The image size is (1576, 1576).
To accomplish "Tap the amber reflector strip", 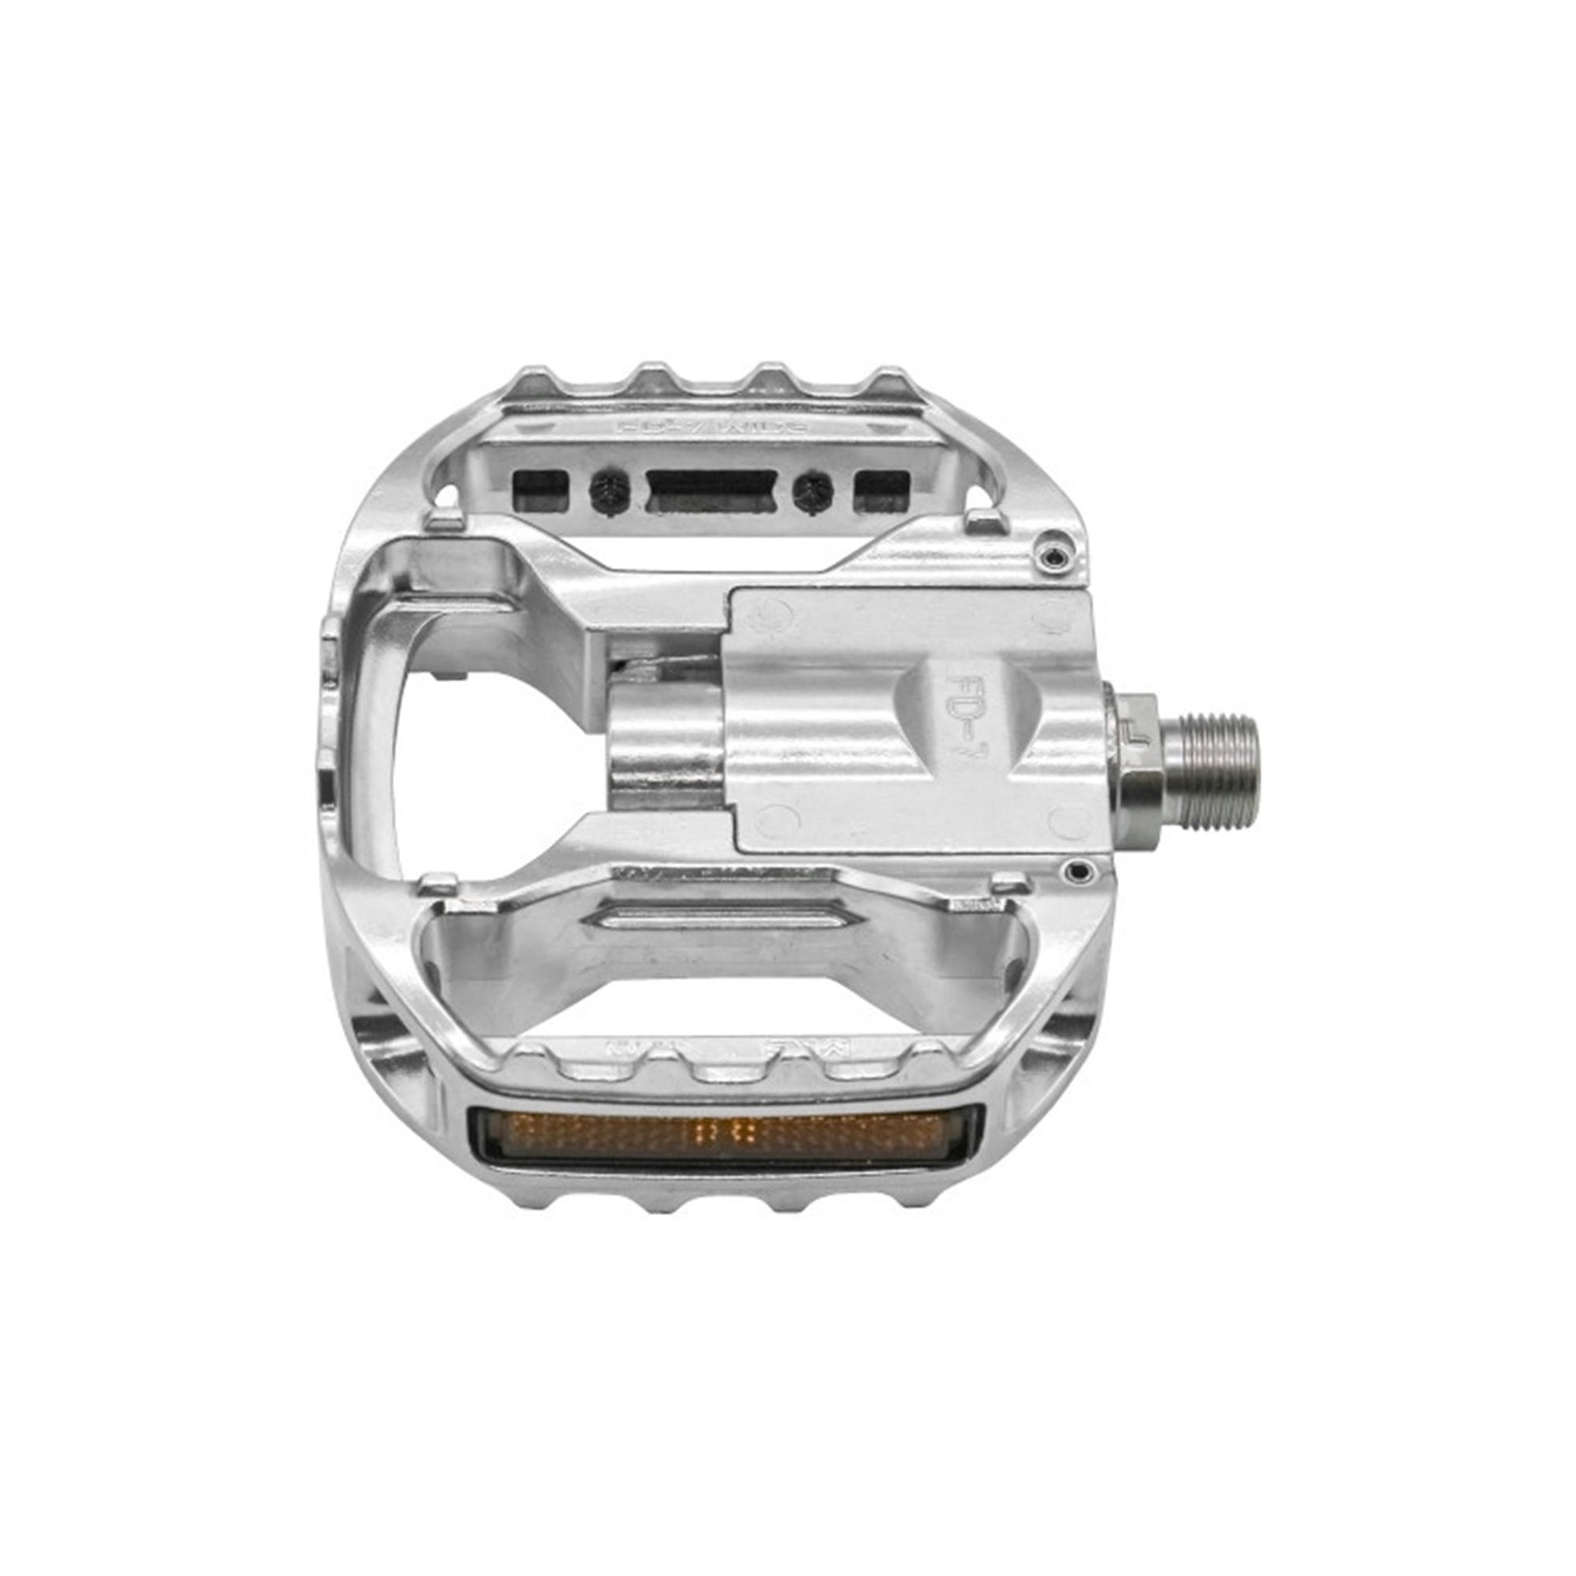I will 725,1134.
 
